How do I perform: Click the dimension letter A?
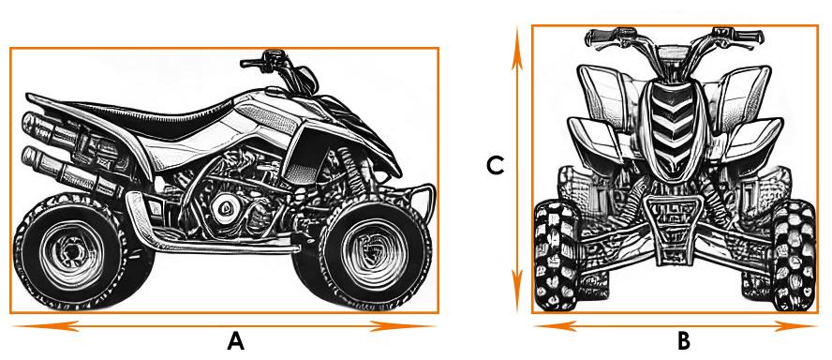click(x=235, y=341)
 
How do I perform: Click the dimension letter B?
click(x=684, y=341)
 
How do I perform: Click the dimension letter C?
click(x=495, y=166)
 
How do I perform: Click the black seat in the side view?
click(x=143, y=118)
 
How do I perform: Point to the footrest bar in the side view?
click(x=213, y=246)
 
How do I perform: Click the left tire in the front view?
click(x=556, y=256)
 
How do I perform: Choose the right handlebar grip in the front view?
click(x=748, y=37)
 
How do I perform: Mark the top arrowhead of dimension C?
click(x=517, y=57)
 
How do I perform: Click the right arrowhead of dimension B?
click(x=795, y=326)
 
